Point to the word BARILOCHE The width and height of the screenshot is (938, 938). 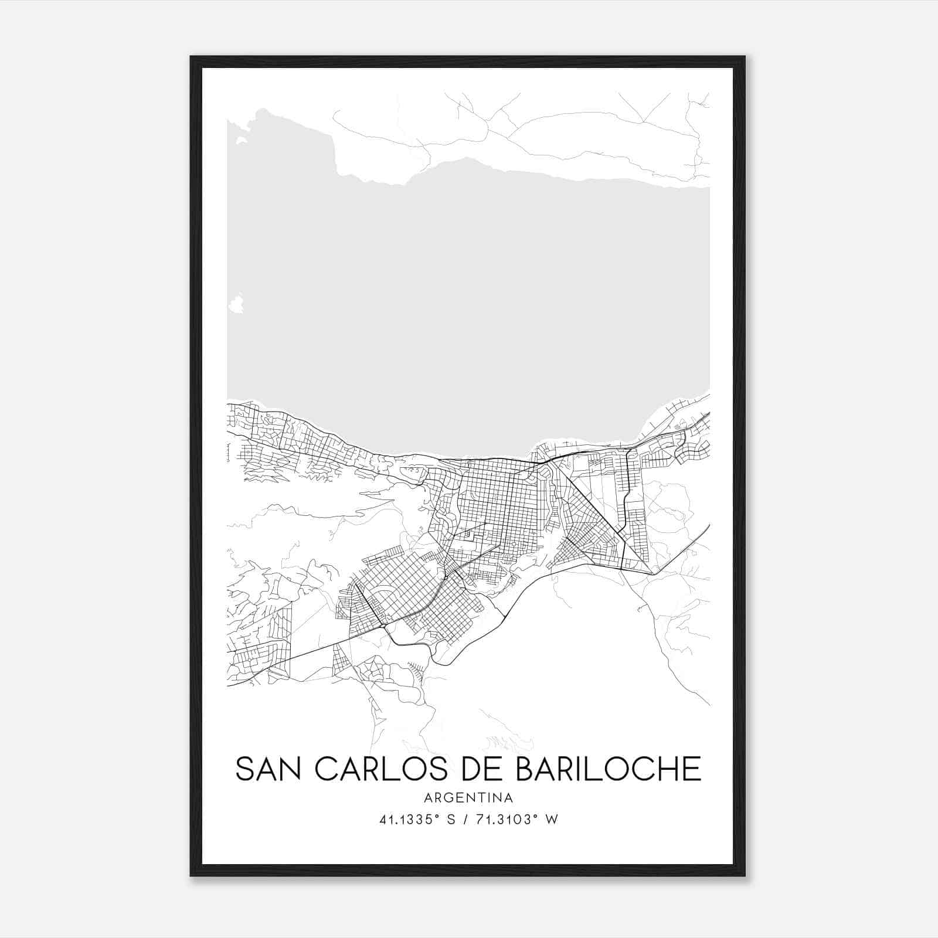pos(608,769)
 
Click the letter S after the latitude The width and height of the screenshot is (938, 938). pos(451,820)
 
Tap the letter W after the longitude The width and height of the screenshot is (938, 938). pos(552,820)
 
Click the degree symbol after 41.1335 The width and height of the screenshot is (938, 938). pos(436,816)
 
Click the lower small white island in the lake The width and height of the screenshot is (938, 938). pos(236,304)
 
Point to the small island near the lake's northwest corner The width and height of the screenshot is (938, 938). pos(241,141)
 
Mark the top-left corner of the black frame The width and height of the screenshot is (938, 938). pos(191,56)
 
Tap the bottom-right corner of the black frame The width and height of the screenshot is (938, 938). pos(745,876)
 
